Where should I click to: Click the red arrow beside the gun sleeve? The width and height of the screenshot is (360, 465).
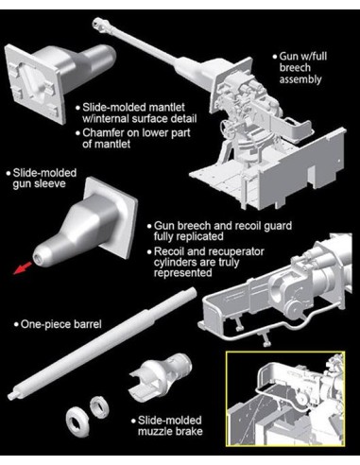tap(23, 267)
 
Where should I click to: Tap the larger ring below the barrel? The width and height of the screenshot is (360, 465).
tap(77, 422)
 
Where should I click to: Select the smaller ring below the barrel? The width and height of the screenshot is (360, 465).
tap(99, 407)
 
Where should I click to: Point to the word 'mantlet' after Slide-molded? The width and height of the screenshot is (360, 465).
tap(166, 108)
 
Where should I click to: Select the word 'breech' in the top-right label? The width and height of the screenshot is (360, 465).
tap(295, 68)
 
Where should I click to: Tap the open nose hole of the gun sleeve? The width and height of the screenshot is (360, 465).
tap(38, 258)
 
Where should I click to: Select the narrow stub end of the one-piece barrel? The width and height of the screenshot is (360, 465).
tap(11, 396)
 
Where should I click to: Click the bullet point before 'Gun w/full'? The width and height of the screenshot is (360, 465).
tap(275, 58)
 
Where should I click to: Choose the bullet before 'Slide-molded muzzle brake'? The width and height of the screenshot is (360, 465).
tap(134, 422)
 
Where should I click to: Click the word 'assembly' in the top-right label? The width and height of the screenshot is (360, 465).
tap(300, 79)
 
